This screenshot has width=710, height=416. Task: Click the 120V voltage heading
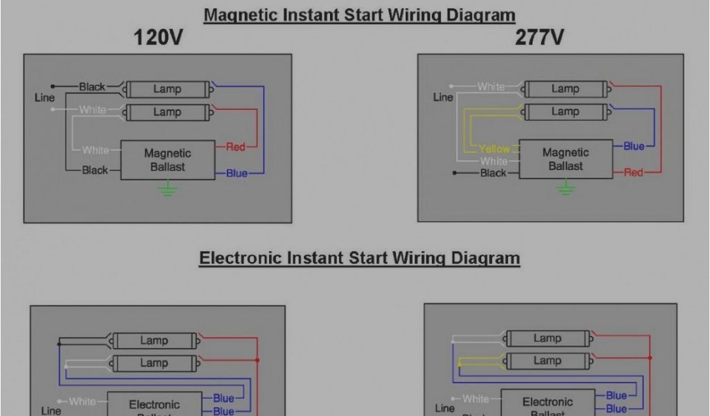point(159,37)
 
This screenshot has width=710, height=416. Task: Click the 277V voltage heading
point(539,37)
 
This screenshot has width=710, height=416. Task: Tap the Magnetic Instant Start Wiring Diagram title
point(359,15)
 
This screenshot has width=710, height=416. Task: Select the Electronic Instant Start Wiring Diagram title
point(359,259)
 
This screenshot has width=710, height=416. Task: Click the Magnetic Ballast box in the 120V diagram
point(167,160)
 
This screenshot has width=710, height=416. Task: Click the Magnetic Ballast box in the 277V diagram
point(565,159)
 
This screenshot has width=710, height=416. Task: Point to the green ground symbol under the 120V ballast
point(167,189)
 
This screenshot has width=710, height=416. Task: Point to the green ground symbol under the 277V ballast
point(566,187)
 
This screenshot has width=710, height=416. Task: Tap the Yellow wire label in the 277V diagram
point(494,149)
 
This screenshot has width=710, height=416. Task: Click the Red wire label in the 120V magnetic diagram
point(236,147)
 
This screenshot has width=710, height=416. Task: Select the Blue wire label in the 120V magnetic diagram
point(236,173)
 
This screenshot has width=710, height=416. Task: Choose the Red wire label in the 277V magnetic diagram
point(633,173)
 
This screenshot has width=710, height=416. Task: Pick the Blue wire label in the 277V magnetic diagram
point(634,146)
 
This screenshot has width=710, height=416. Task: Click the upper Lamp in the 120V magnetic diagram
point(167,89)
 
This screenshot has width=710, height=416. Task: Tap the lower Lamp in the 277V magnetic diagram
point(565,111)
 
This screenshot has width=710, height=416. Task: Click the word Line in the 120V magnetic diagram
point(44,98)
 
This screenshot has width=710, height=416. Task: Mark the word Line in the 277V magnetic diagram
point(443,97)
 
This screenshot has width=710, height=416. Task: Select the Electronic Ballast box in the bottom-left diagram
point(154,406)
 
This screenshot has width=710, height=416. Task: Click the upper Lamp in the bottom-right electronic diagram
point(547,338)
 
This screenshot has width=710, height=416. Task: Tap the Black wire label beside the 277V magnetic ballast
point(493,173)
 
